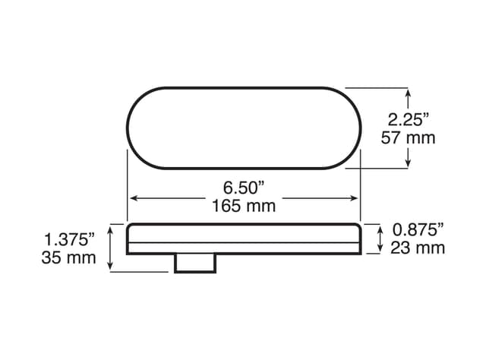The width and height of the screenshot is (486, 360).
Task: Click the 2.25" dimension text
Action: [x=409, y=118]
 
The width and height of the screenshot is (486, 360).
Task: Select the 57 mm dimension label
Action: [x=411, y=137]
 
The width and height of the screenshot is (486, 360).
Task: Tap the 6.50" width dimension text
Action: [x=243, y=187]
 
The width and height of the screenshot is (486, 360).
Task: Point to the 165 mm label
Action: [x=243, y=205]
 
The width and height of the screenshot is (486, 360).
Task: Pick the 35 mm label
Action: [x=69, y=257]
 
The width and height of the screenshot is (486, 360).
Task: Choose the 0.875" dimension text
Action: [x=418, y=229]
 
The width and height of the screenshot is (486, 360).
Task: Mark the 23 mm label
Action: [x=418, y=248]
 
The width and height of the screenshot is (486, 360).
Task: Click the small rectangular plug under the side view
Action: [x=196, y=263]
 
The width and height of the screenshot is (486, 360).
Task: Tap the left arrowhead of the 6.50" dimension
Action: [x=132, y=197]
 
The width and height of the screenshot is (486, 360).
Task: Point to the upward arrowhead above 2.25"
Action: [x=409, y=93]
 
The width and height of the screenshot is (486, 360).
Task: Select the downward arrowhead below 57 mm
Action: [x=409, y=162]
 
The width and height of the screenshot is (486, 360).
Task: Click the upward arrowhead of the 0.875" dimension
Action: [x=380, y=228]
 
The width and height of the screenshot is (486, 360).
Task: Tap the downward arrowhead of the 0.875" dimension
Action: [x=380, y=249]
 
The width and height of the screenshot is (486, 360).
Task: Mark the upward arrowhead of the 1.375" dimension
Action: [x=112, y=229]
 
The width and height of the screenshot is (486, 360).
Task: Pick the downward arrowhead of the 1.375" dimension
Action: [x=112, y=267]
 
